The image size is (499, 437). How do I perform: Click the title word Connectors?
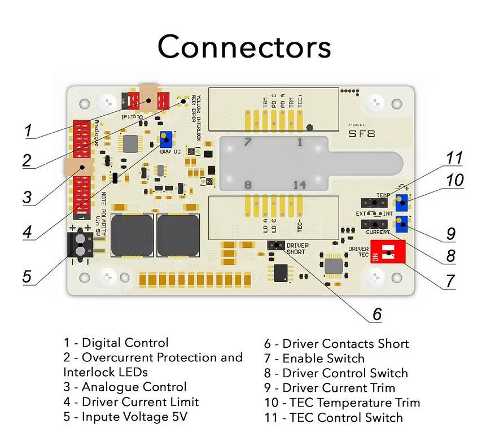pyautogui.click(x=244, y=46)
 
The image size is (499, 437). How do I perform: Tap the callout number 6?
pyautogui.click(x=377, y=314)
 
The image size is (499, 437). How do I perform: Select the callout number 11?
pyautogui.click(x=454, y=158)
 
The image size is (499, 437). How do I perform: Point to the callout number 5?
pyautogui.click(x=27, y=276)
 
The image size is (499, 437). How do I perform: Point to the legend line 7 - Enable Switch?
pyautogui.click(x=314, y=359)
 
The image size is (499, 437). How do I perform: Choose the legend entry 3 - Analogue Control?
pyautogui.click(x=125, y=387)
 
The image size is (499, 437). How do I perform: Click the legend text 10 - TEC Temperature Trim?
pyautogui.click(x=342, y=403)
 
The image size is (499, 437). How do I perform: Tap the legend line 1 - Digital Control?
pyautogui.click(x=116, y=343)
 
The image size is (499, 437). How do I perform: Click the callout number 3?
pyautogui.click(x=27, y=198)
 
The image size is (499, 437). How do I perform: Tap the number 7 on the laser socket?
pyautogui.click(x=247, y=142)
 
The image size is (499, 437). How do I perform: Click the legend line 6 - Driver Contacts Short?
pyautogui.click(x=336, y=343)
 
